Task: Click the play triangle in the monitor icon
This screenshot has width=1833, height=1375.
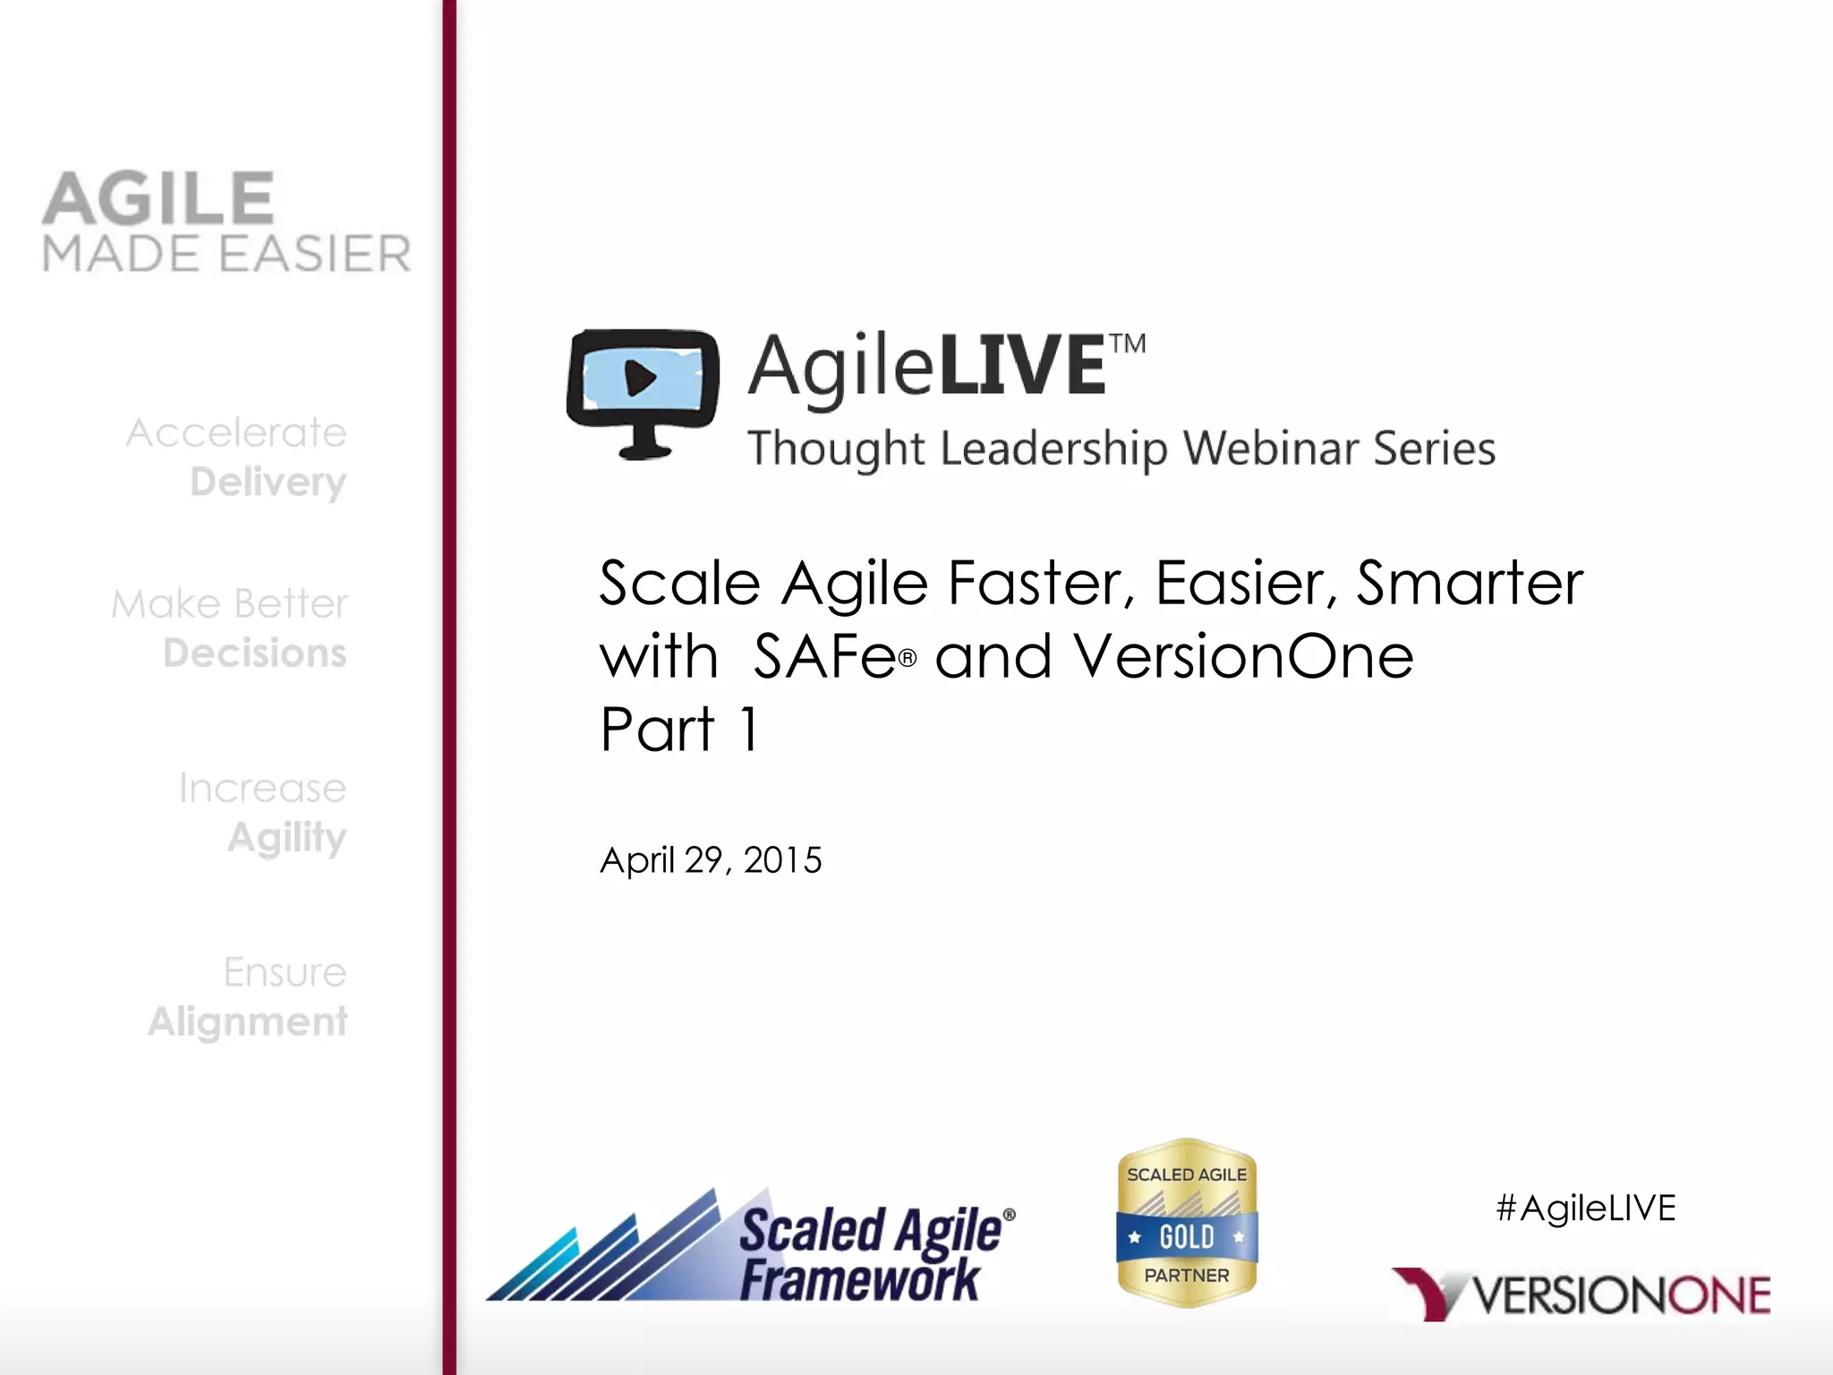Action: click(640, 378)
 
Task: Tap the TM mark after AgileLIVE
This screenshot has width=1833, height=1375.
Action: click(1128, 345)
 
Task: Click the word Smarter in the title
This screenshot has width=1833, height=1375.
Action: click(1470, 584)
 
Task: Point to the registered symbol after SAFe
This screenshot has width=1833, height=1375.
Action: click(908, 659)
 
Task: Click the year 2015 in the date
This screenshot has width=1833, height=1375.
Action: click(782, 860)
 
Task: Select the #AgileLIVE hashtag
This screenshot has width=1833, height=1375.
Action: click(1585, 1208)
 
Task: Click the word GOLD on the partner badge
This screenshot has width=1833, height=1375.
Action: click(1187, 1237)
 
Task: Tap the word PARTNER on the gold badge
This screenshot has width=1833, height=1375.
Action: click(1187, 1275)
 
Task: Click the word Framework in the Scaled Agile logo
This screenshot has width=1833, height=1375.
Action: click(859, 1279)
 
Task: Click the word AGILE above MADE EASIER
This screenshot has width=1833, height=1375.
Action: click(158, 199)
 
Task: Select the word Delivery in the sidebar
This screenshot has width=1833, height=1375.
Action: click(268, 483)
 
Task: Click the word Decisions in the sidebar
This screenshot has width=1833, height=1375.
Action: click(255, 653)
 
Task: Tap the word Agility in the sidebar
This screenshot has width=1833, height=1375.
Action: click(286, 838)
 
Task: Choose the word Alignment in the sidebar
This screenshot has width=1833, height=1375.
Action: click(248, 1021)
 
